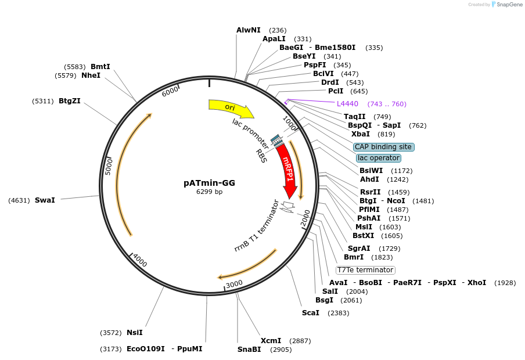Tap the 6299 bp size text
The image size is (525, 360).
pos(209,192)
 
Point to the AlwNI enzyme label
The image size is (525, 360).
pos(249,30)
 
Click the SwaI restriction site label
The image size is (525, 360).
pos(45,200)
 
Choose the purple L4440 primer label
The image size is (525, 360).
pos(347,104)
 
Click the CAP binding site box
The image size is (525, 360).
pos(384,147)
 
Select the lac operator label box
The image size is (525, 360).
pos(379,158)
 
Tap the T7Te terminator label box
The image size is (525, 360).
pos(366,270)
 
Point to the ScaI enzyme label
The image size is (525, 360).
pos(310,313)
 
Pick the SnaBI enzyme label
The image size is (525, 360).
pos(249,350)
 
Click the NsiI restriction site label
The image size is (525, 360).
pos(134,333)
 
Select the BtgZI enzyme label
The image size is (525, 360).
pos(70,101)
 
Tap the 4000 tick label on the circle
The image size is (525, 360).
pos(140,261)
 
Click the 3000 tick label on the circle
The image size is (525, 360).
pos(234,284)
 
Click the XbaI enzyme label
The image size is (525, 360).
pos(361,134)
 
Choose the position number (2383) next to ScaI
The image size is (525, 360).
pos(339,313)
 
